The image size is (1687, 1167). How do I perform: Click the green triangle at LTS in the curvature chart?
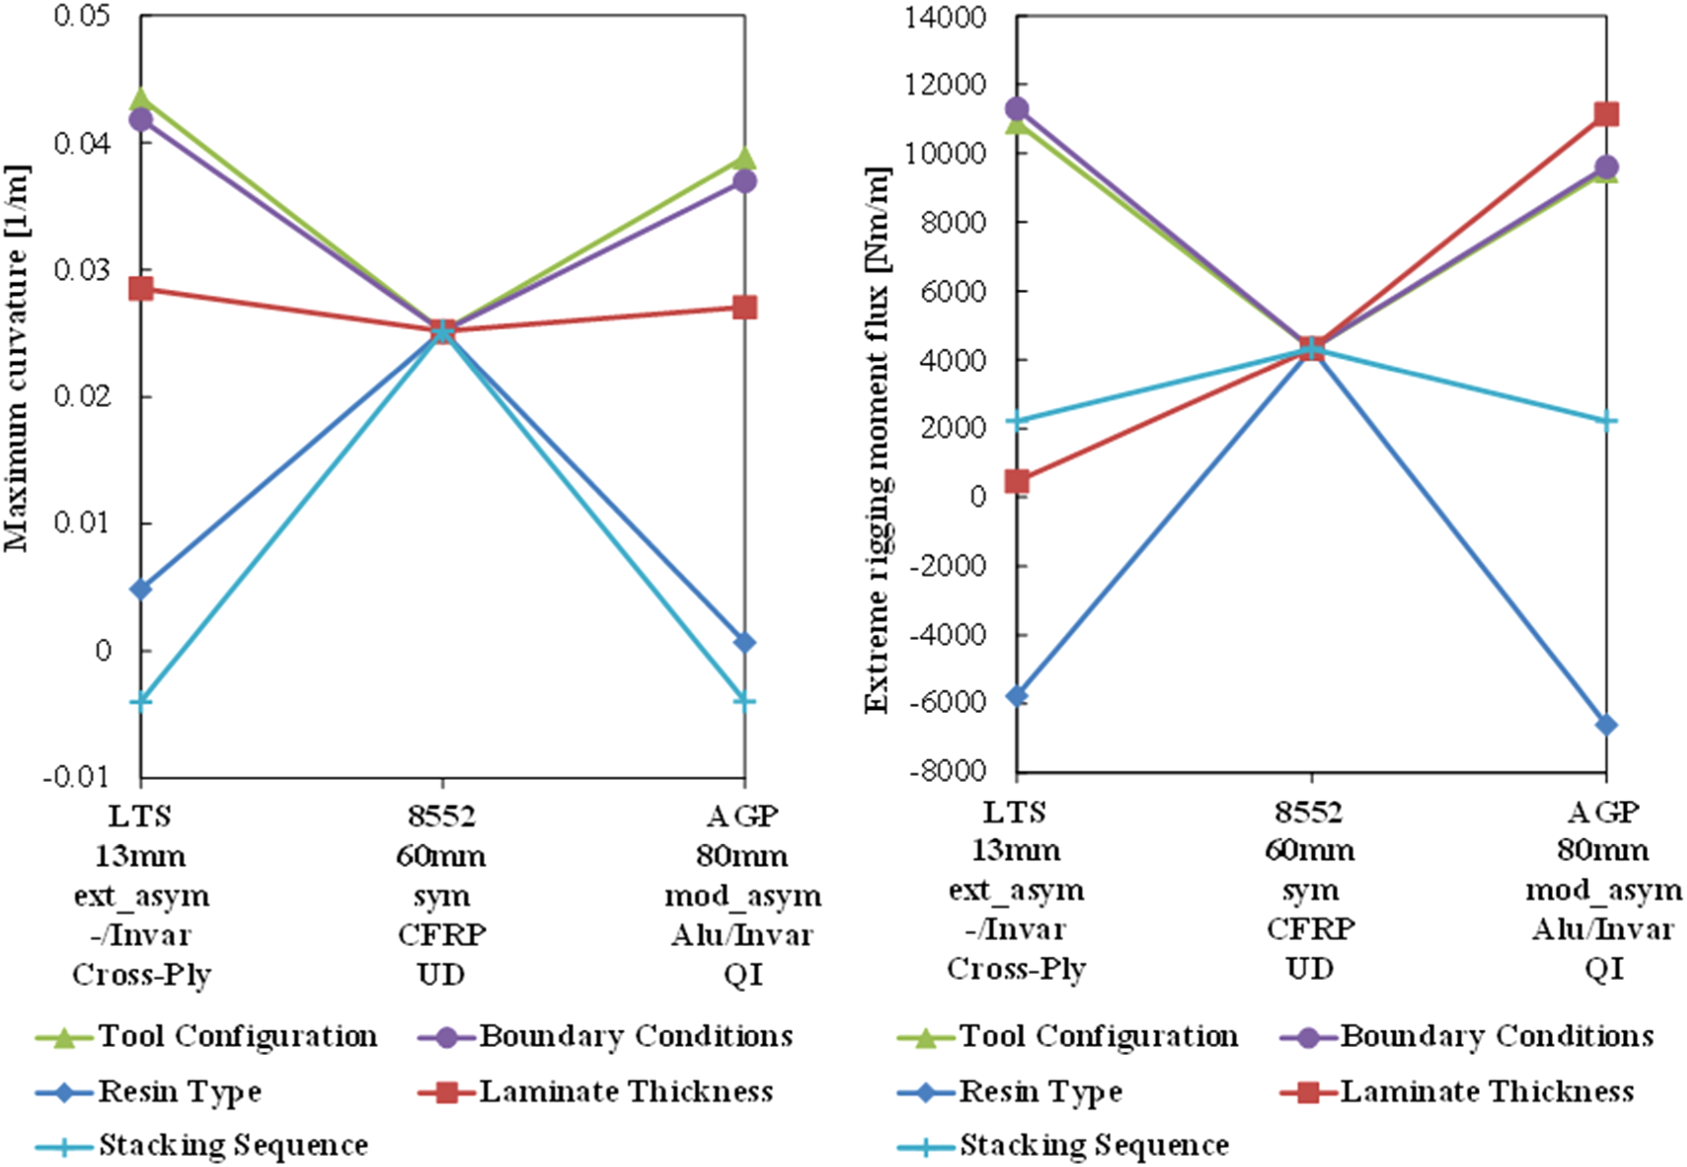point(140,99)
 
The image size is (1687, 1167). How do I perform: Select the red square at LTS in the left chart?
point(140,288)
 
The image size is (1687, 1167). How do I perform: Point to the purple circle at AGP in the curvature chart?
point(745,181)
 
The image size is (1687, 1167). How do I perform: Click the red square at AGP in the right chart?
point(1606,114)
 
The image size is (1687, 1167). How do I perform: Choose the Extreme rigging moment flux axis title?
point(877,440)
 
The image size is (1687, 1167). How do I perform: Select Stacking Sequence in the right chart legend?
point(1094,1146)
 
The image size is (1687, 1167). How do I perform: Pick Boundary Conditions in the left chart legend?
point(635,1036)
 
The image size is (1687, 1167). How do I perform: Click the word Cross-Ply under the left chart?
point(141,974)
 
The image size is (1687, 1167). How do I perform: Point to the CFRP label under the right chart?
point(1310,930)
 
